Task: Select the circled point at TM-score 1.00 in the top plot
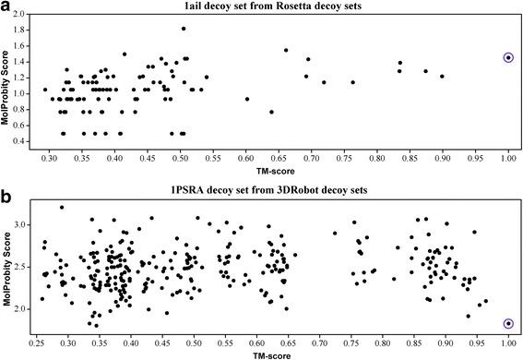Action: (508, 57)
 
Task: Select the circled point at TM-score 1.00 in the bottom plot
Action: (508, 323)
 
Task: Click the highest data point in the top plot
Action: (184, 29)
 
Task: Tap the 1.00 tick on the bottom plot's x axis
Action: (508, 342)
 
